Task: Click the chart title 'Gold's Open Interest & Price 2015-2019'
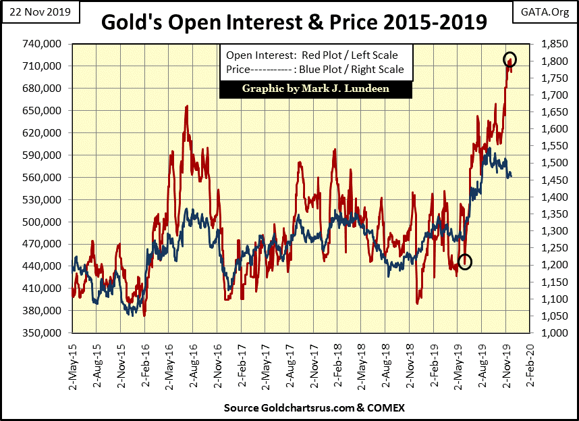[x=294, y=22]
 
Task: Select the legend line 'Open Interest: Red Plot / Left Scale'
[x=312, y=55]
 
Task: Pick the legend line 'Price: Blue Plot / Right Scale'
[x=314, y=69]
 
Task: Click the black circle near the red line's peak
[x=509, y=59]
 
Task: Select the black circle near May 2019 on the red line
[x=464, y=262]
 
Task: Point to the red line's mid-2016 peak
[x=186, y=107]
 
